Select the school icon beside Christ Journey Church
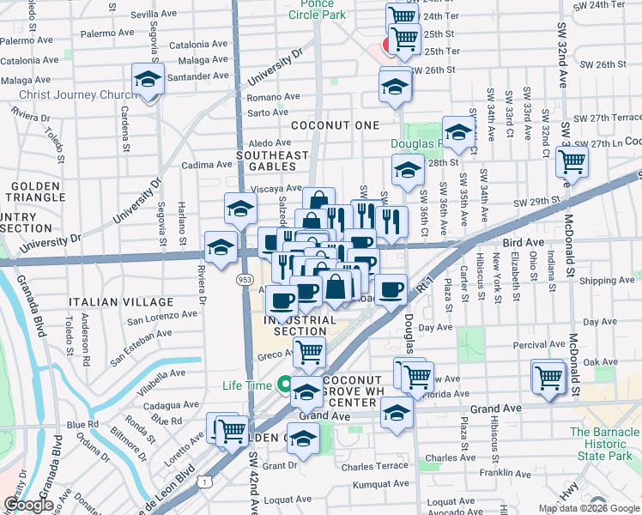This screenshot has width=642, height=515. [148, 80]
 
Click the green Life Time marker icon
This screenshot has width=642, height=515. [283, 385]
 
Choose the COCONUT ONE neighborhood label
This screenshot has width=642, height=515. [335, 125]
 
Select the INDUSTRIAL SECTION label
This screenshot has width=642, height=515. [294, 325]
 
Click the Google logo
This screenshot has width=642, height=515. [28, 506]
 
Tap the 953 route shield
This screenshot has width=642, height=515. [244, 279]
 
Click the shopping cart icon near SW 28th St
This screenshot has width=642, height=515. [571, 161]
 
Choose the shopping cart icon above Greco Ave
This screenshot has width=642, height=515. [308, 350]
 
